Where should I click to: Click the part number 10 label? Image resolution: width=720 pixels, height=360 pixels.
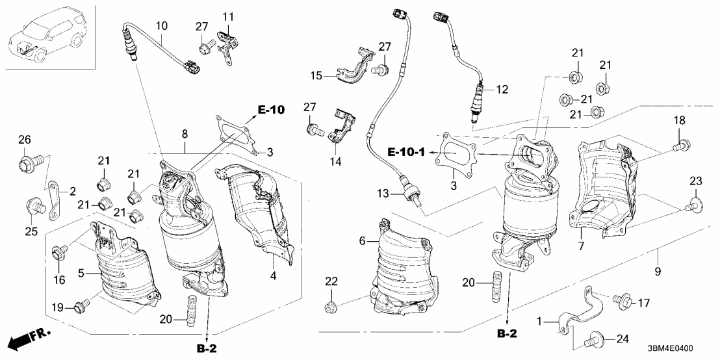[162, 25]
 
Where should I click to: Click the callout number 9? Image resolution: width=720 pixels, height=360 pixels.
[659, 270]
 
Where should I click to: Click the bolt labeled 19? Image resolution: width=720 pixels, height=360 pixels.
[81, 305]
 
